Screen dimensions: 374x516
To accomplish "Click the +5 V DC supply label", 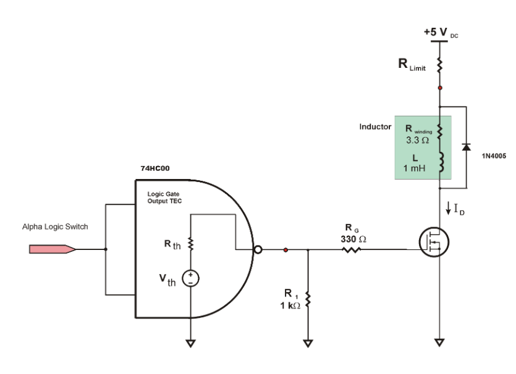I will click(x=441, y=31).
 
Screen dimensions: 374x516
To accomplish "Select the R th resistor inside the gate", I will click(x=190, y=245).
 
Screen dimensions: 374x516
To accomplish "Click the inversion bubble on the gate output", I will click(x=260, y=249).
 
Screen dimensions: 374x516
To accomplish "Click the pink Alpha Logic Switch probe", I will click(x=53, y=249).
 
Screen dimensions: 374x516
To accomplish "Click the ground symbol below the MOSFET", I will click(x=439, y=342).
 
